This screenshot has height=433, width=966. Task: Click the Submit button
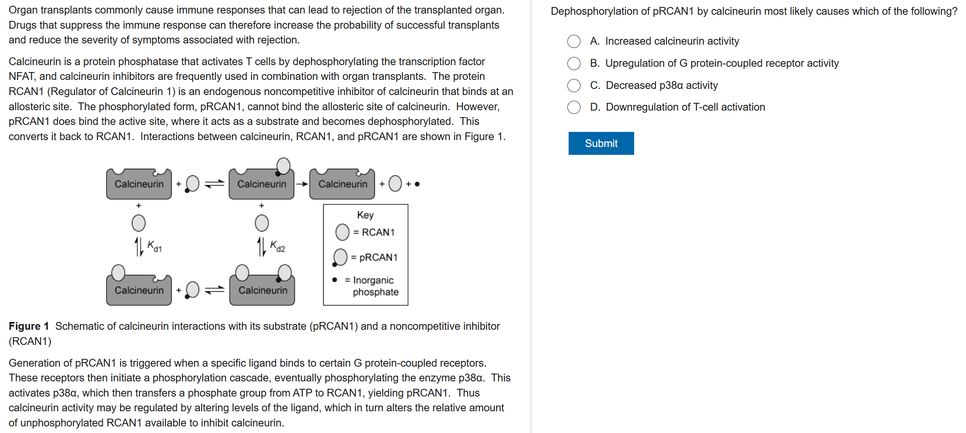tap(601, 143)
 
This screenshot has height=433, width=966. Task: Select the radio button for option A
tap(574, 41)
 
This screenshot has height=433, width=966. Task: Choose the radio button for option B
tap(574, 63)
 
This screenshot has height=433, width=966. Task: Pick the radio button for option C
tap(574, 86)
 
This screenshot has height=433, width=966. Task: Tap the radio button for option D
tap(574, 107)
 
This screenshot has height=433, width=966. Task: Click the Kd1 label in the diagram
tap(154, 246)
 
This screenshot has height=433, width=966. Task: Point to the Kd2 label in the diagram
tap(277, 246)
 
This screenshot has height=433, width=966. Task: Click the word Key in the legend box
tap(365, 215)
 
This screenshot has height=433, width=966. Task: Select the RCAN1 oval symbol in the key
tap(342, 232)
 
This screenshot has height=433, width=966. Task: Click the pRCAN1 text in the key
tap(378, 257)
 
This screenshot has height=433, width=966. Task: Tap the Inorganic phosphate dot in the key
tap(335, 280)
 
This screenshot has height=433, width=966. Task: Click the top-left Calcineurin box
tap(139, 184)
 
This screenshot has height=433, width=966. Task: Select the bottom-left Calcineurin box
tap(139, 290)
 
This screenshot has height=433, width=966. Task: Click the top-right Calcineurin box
tap(342, 184)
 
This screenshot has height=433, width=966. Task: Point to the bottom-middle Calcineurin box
tap(263, 290)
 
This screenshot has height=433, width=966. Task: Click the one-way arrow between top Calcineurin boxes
tap(302, 184)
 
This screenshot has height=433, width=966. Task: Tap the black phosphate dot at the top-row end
tap(417, 184)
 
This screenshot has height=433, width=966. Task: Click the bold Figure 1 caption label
tap(29, 326)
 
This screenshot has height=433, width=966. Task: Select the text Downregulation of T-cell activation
tap(685, 107)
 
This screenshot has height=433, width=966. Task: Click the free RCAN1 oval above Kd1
tap(138, 223)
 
